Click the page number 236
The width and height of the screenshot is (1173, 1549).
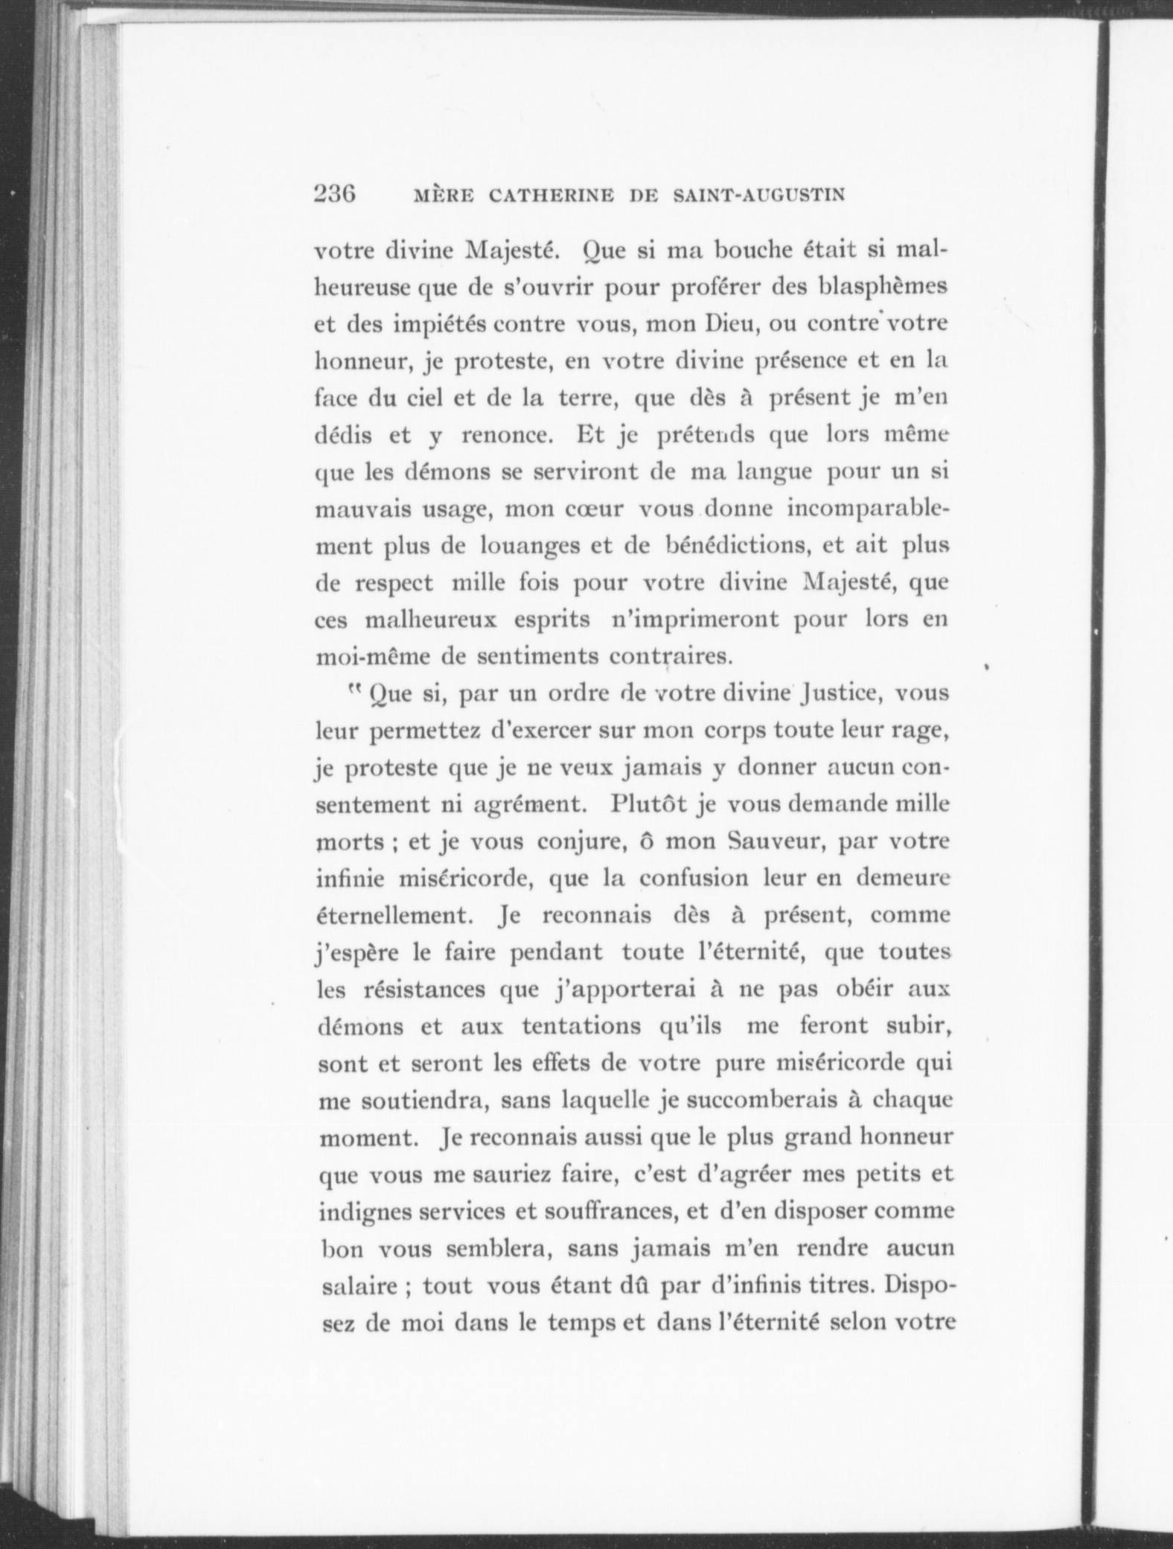336,194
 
